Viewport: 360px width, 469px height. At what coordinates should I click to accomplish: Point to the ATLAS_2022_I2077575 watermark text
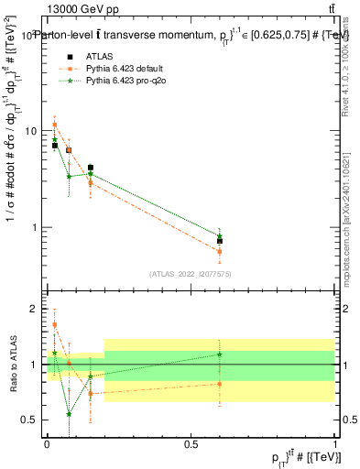click(190, 274)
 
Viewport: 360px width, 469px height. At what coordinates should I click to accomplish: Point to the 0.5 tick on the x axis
click(191, 443)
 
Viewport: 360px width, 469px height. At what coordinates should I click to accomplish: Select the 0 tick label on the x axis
click(47, 443)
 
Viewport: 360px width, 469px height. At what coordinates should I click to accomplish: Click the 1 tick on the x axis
click(335, 443)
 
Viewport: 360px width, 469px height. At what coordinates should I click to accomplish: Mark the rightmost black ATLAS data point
click(220, 241)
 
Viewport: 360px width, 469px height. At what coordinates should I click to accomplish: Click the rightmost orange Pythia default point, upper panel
click(220, 251)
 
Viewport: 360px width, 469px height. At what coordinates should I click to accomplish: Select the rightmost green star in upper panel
click(220, 235)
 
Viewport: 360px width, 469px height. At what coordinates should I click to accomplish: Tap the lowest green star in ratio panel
click(70, 413)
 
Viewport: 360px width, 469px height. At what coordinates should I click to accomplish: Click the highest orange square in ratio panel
click(55, 324)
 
